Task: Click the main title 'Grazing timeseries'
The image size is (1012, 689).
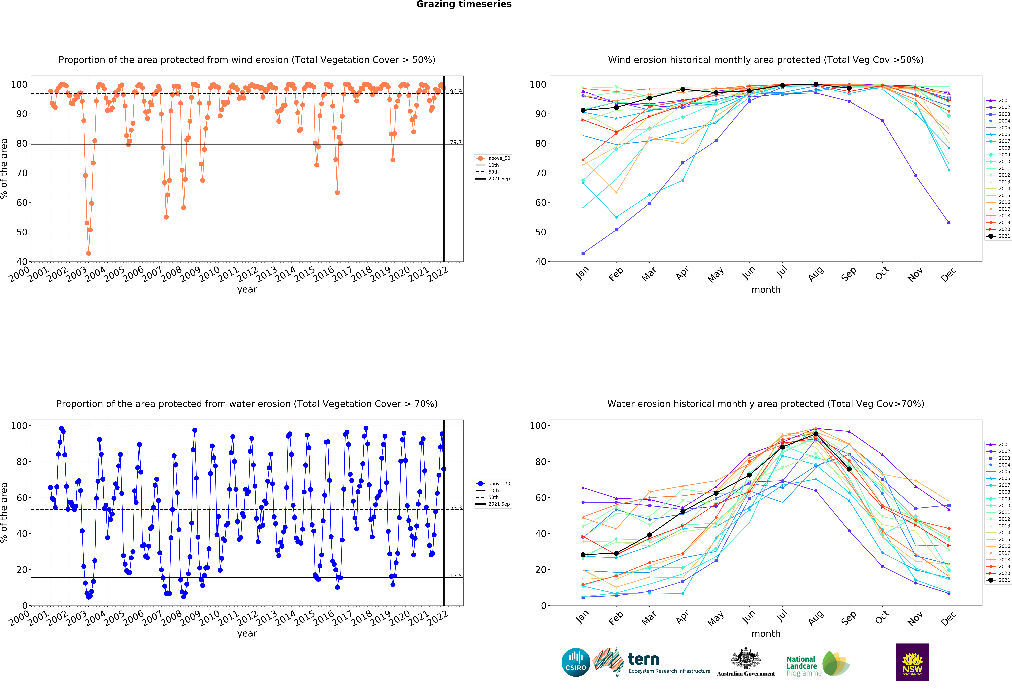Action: pos(464,4)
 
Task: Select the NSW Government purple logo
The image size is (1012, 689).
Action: pos(912,662)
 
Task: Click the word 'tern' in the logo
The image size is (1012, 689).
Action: pos(644,659)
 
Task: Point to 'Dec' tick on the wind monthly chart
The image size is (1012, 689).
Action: pos(948,274)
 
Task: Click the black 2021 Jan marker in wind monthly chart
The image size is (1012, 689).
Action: pos(583,110)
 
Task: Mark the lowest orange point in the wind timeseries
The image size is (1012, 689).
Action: pos(88,253)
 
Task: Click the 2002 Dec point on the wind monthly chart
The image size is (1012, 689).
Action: pos(949,223)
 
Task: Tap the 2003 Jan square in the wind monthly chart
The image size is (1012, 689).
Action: pos(583,253)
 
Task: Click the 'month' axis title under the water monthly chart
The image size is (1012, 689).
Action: pos(766,634)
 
